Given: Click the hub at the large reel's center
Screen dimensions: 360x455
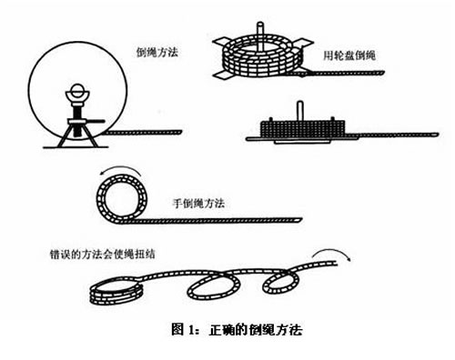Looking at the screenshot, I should point(76,93).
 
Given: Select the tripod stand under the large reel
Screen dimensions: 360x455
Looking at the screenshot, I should point(76,126).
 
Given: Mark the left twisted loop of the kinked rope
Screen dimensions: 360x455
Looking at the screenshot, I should point(210,287).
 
